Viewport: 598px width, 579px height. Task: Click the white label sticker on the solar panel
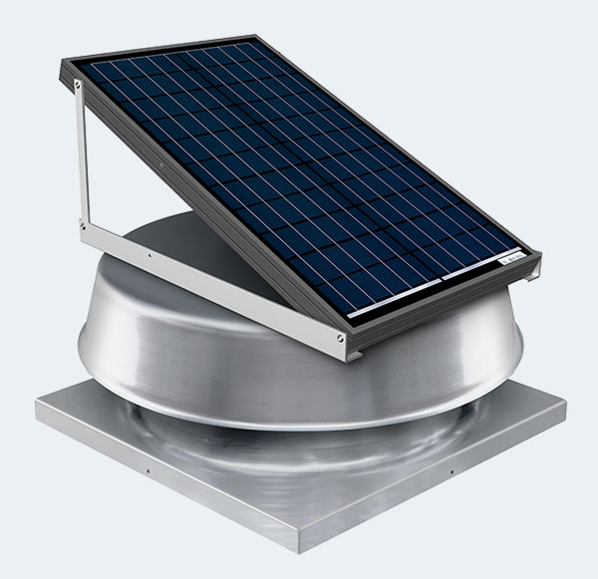[x=511, y=257]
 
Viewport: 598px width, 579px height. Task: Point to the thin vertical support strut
[x=80, y=159]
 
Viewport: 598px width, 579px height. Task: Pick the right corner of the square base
[x=565, y=404]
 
